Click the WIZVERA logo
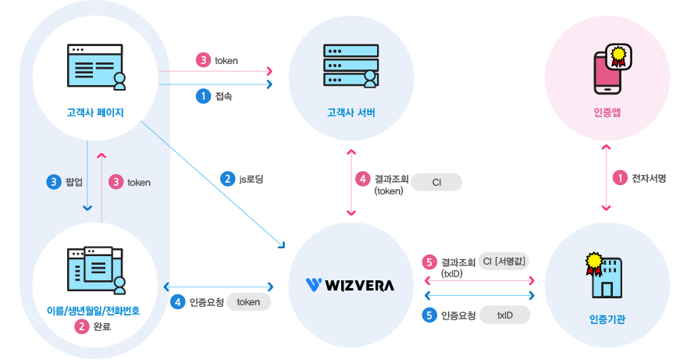(350, 284)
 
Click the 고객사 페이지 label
(94, 112)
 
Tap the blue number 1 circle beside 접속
(202, 96)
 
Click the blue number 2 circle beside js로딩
(228, 179)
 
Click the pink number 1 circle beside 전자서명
(620, 178)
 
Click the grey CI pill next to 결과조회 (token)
(436, 182)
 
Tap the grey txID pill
(504, 315)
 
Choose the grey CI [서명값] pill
(507, 261)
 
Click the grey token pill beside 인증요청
(248, 302)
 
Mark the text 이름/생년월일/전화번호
(94, 312)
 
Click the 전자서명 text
(649, 178)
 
